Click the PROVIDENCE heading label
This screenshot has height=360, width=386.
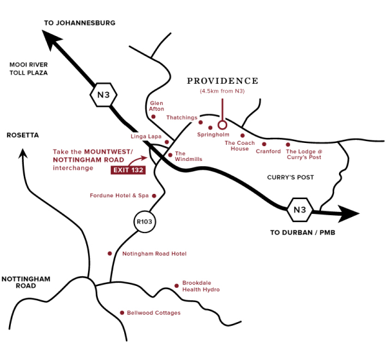click(222, 81)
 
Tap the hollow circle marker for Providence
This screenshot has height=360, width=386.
click(223, 124)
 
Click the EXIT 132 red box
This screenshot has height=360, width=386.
click(127, 171)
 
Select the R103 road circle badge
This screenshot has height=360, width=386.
click(144, 222)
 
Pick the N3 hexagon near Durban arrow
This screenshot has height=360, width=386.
click(299, 209)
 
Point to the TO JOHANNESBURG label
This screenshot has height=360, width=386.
click(79, 23)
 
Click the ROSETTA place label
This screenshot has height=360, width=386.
click(23, 135)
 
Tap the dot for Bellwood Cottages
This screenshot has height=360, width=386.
click(122, 313)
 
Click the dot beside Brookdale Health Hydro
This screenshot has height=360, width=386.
click(176, 285)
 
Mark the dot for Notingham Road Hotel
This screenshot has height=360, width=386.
click(110, 254)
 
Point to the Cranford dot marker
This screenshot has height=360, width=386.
click(264, 144)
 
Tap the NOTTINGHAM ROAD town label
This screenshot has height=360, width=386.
click(25, 282)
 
